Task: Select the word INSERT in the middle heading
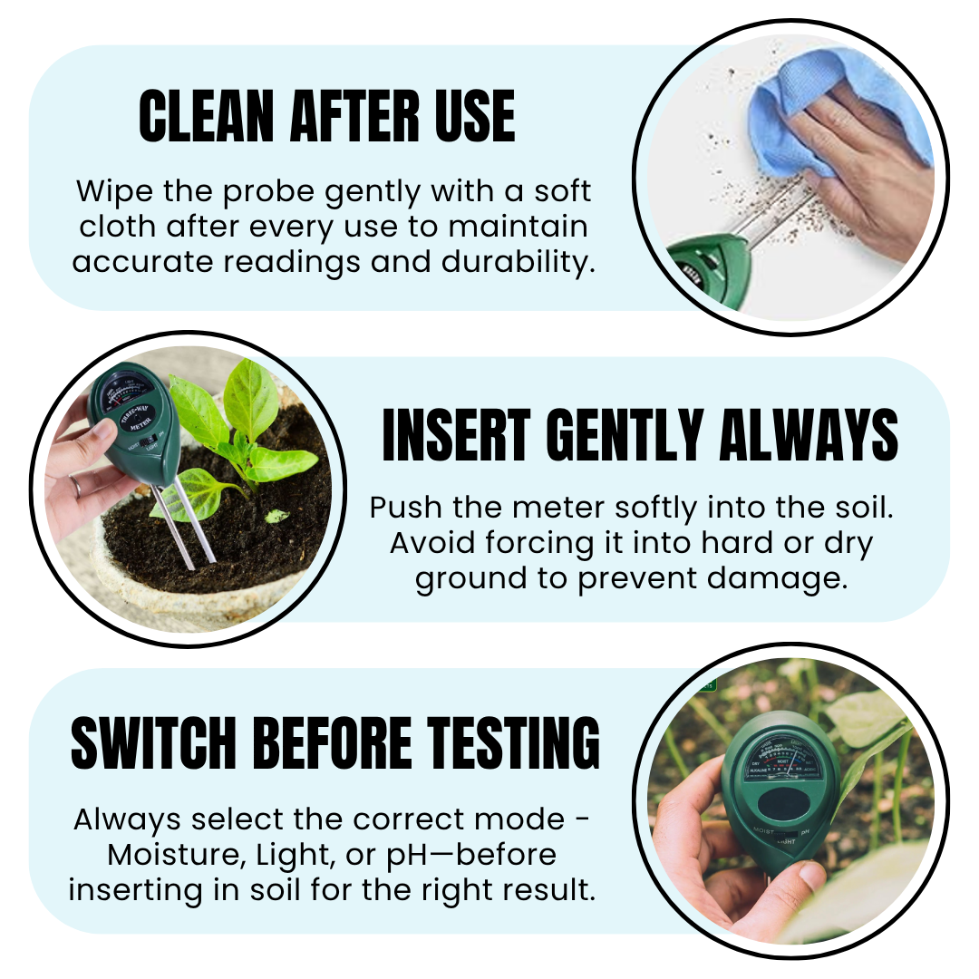click(456, 434)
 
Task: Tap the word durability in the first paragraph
click(518, 261)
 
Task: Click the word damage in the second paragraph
click(778, 578)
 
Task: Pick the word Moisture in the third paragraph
click(177, 856)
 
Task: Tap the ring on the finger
click(75, 484)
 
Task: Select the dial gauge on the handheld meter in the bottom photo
click(783, 761)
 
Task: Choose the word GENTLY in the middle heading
click(625, 434)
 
